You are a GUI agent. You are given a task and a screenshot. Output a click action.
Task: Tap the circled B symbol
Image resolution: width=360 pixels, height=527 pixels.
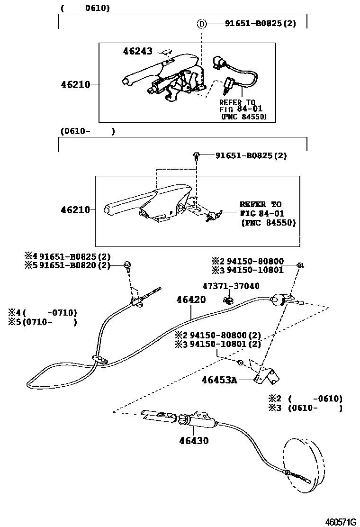tap(202, 23)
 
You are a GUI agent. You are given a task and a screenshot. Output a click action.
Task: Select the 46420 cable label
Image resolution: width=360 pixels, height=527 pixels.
tap(191, 300)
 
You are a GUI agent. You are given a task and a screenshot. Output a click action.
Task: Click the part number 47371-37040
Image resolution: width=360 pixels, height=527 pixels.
tap(231, 286)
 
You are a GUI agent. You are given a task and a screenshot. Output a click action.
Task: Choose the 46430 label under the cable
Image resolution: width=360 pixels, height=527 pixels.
tap(194, 440)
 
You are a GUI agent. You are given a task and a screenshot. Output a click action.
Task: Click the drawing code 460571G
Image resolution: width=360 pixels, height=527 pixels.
tap(340, 521)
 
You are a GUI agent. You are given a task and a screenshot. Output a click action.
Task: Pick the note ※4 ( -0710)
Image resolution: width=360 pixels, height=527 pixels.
tap(42, 313)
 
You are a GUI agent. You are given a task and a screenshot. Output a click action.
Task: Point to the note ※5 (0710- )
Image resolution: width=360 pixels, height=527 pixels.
tap(42, 322)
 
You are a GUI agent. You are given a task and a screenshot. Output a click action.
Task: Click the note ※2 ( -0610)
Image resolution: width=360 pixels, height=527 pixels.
tap(305, 399)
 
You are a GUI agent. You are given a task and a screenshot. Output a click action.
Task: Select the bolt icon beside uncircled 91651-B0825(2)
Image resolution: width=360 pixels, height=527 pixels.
tap(197, 155)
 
